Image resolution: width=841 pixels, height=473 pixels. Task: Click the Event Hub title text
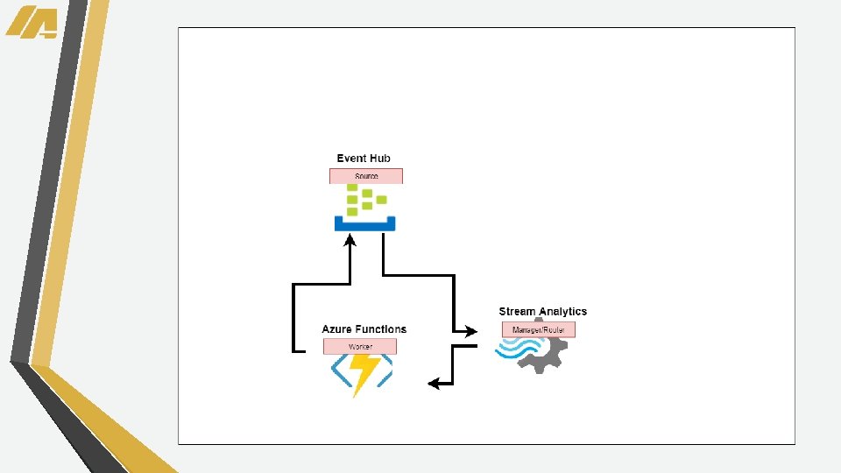pos(364,159)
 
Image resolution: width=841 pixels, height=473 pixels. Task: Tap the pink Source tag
pos(365,176)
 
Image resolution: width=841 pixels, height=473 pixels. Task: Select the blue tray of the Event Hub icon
pos(364,224)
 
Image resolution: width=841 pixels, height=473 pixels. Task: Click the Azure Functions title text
pos(364,329)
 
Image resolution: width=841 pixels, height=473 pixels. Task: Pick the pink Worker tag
pos(360,347)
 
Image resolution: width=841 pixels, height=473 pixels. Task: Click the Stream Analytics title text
pos(542,312)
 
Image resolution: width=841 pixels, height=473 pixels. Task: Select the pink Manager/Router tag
pos(539,330)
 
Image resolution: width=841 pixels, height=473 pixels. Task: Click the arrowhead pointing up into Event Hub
pos(350,242)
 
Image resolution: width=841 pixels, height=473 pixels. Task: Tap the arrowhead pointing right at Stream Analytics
pos(471,331)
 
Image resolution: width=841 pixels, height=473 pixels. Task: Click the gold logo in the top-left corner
pos(32,22)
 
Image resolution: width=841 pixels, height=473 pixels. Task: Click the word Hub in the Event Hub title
pos(379,159)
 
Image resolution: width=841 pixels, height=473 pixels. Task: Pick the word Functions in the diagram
pos(381,329)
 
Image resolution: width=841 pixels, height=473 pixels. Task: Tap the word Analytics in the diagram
pos(563,312)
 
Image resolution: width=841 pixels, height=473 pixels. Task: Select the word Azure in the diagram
pos(337,329)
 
